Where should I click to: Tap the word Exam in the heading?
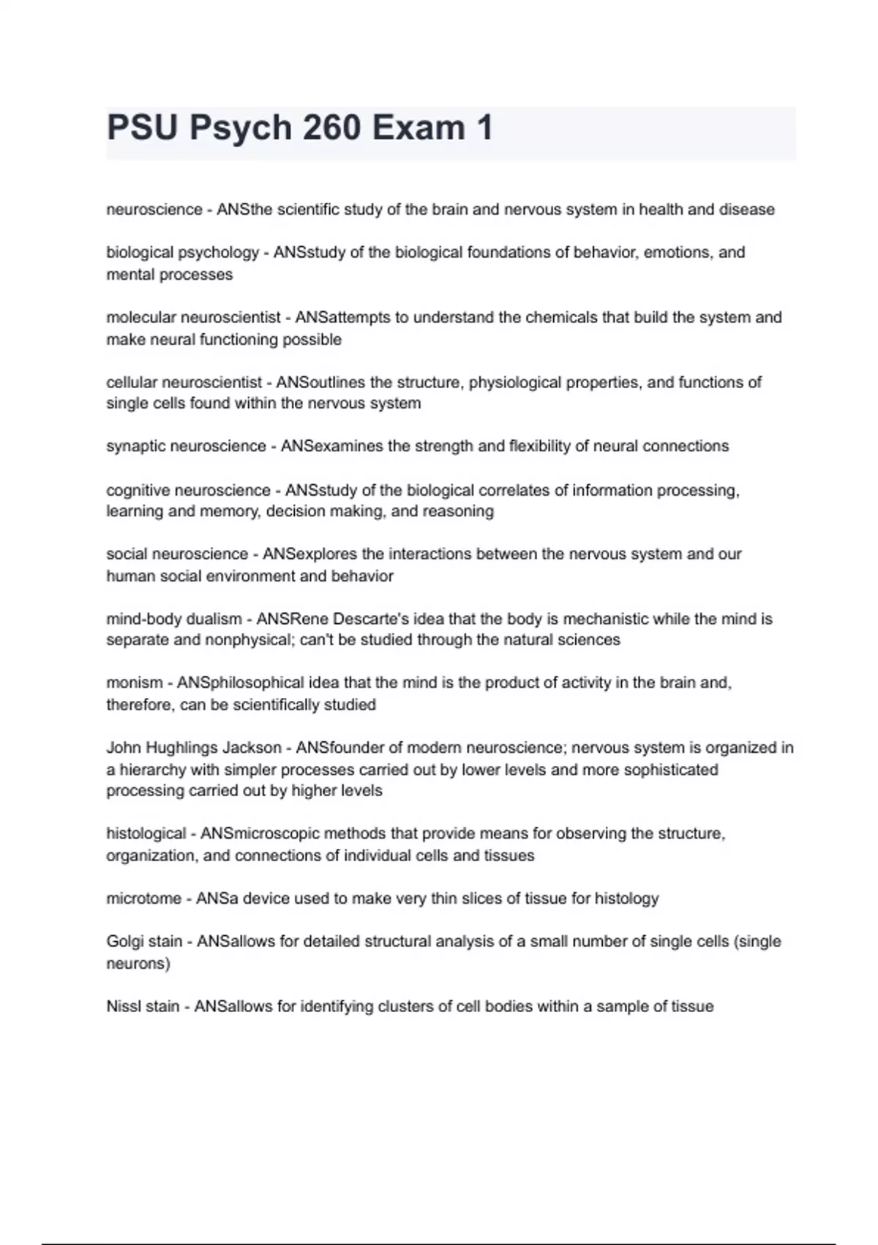[x=418, y=128]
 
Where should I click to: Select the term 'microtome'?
[x=143, y=899]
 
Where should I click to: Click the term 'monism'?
[x=134, y=683]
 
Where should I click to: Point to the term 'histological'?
[x=146, y=833]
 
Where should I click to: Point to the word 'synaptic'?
[x=135, y=447]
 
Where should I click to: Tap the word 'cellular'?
[x=132, y=382]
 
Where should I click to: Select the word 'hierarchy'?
[x=152, y=770]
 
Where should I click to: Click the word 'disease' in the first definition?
[x=746, y=209]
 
